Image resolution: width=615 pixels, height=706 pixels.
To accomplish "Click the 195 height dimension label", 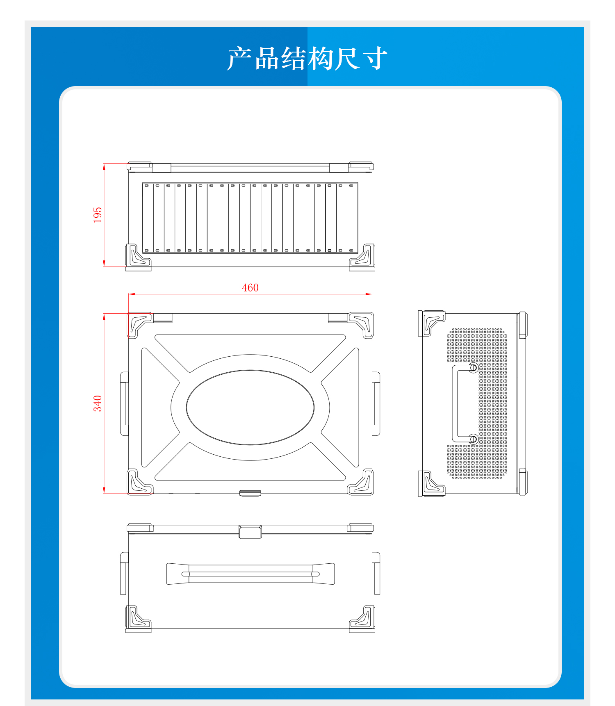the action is coord(98,215).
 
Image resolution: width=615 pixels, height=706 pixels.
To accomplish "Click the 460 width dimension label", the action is coord(250,287).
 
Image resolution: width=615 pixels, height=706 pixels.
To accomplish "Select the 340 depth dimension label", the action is coord(98,403).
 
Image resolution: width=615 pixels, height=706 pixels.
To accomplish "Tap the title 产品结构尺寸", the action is coord(307,58).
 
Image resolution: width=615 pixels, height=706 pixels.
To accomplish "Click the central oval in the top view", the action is coord(250,370).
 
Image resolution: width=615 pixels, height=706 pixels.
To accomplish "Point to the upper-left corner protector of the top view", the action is coord(139,325).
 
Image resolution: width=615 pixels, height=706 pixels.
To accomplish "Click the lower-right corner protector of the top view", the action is coord(361,482).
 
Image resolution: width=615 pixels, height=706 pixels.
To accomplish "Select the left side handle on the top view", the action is coord(124,404).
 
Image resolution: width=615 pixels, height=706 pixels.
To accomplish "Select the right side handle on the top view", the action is coord(376,404).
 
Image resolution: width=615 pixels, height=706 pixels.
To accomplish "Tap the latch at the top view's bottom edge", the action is coord(250,493).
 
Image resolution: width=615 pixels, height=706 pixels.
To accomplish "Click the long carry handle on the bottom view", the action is coord(251,574).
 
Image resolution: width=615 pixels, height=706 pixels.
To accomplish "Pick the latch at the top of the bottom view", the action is coord(250,532).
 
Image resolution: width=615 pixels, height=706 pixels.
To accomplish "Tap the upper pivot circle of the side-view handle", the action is coord(473,368).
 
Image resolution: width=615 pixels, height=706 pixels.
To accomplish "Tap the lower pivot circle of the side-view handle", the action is coord(473,439).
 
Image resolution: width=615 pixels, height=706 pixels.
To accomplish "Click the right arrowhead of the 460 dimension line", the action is coord(369,294).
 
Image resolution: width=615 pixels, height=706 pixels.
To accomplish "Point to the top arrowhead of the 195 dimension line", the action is coord(104,166).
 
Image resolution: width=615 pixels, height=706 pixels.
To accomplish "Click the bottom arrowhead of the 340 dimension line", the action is coord(104,490).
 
